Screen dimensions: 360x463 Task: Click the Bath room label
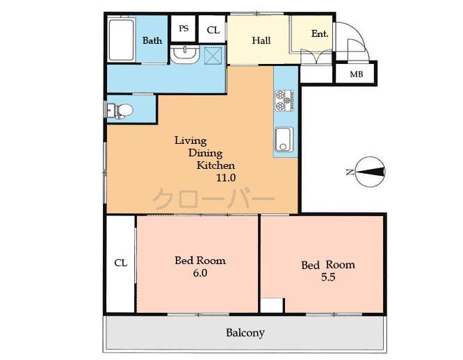pyautogui.click(x=152, y=40)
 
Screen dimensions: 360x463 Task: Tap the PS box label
pyautogui.click(x=184, y=28)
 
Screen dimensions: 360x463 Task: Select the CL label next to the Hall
pyautogui.click(x=213, y=30)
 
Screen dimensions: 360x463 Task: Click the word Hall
pyautogui.click(x=261, y=40)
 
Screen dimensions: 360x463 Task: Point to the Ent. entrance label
pyautogui.click(x=320, y=33)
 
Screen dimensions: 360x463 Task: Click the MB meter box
pyautogui.click(x=356, y=74)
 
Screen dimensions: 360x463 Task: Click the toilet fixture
pyautogui.click(x=121, y=111)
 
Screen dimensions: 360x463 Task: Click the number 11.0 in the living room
pyautogui.click(x=225, y=178)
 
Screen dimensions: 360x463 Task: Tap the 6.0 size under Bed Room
pyautogui.click(x=200, y=273)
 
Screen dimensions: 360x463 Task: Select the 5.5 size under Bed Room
pyautogui.click(x=327, y=277)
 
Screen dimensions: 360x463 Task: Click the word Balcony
pyautogui.click(x=245, y=333)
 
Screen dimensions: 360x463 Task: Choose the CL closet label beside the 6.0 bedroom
pyautogui.click(x=120, y=263)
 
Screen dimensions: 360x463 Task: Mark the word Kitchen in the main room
pyautogui.click(x=216, y=165)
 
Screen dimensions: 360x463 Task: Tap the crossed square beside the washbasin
pyautogui.click(x=213, y=55)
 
